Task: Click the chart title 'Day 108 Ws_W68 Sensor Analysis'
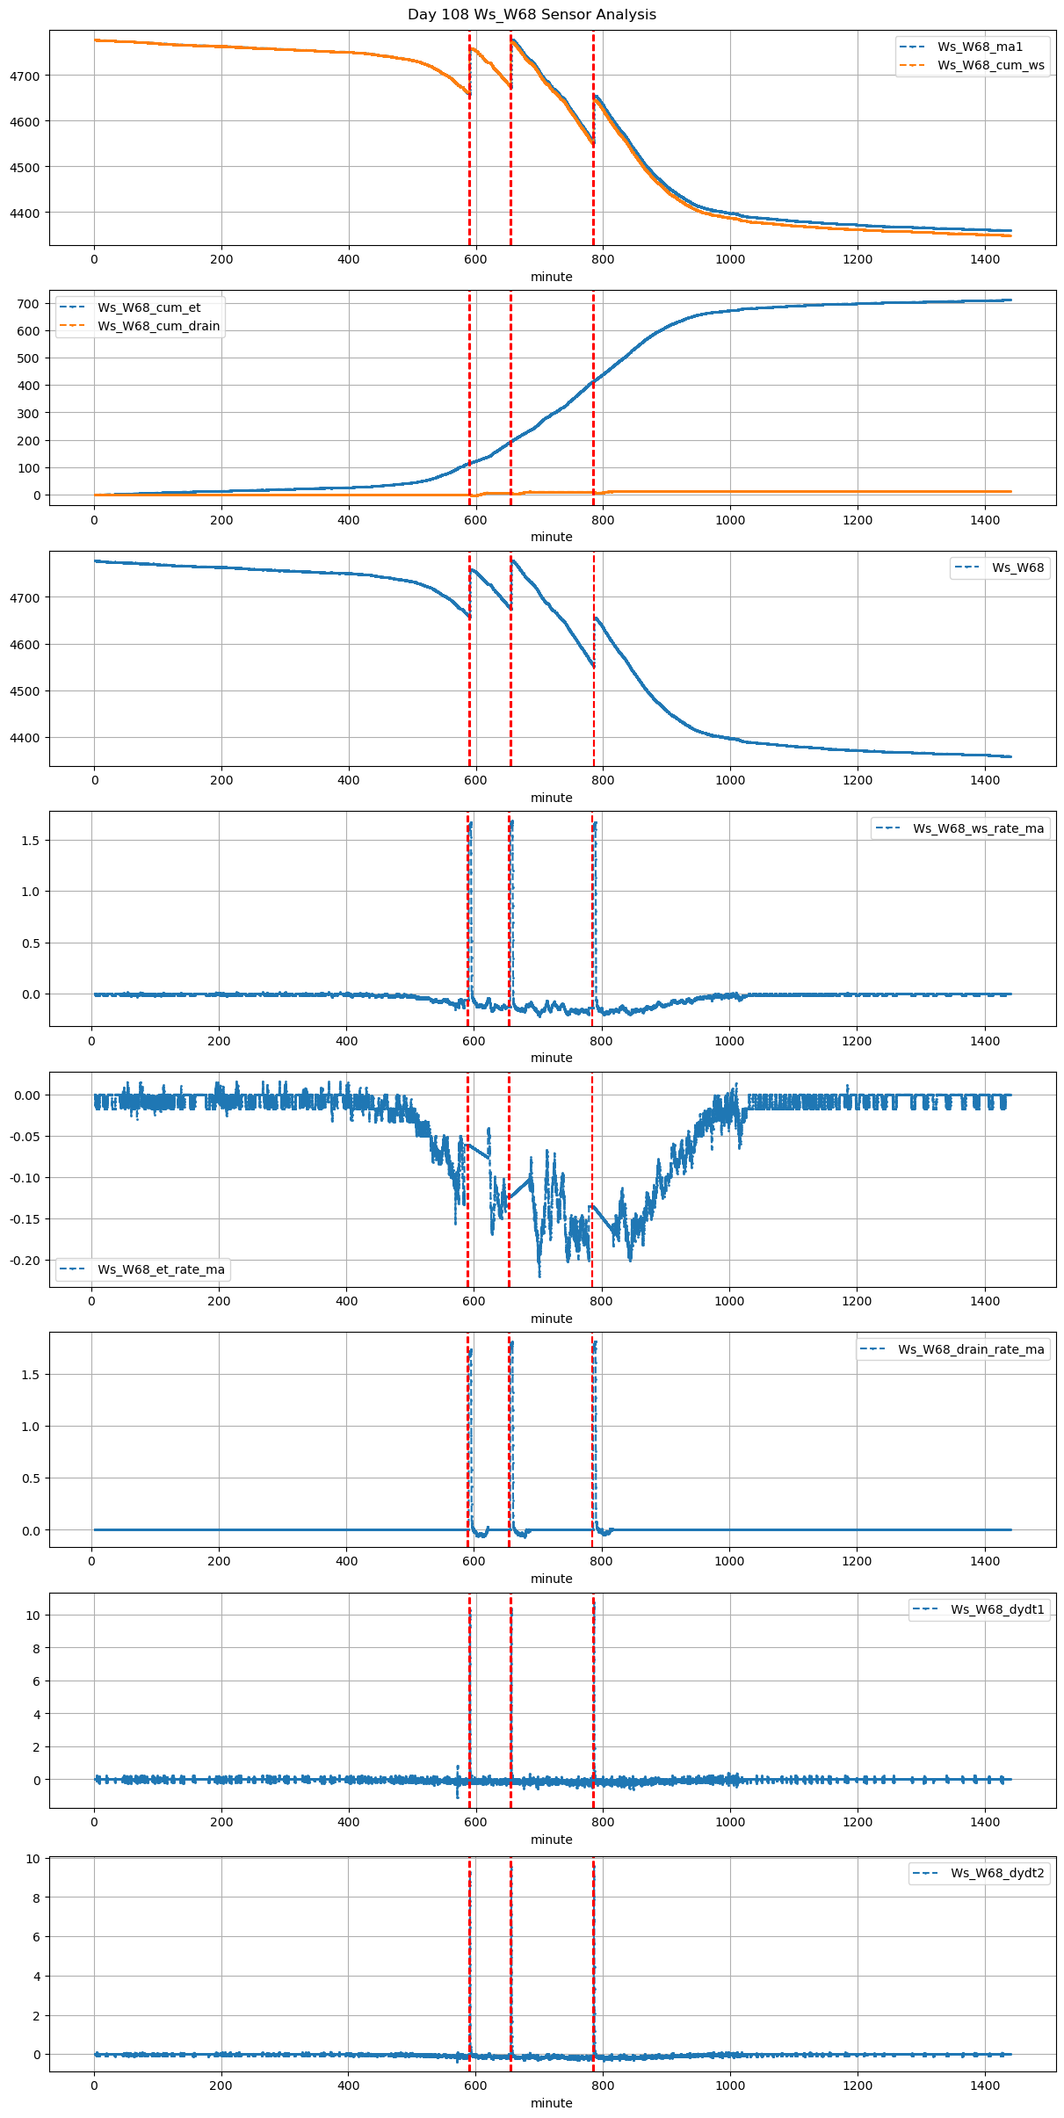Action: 532,15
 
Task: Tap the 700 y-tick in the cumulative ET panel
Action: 30,304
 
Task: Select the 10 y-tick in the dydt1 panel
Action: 33,1616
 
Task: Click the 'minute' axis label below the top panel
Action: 551,277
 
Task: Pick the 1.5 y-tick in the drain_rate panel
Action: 31,1375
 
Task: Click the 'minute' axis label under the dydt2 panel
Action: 551,2103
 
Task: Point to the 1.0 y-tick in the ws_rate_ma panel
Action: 31,892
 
